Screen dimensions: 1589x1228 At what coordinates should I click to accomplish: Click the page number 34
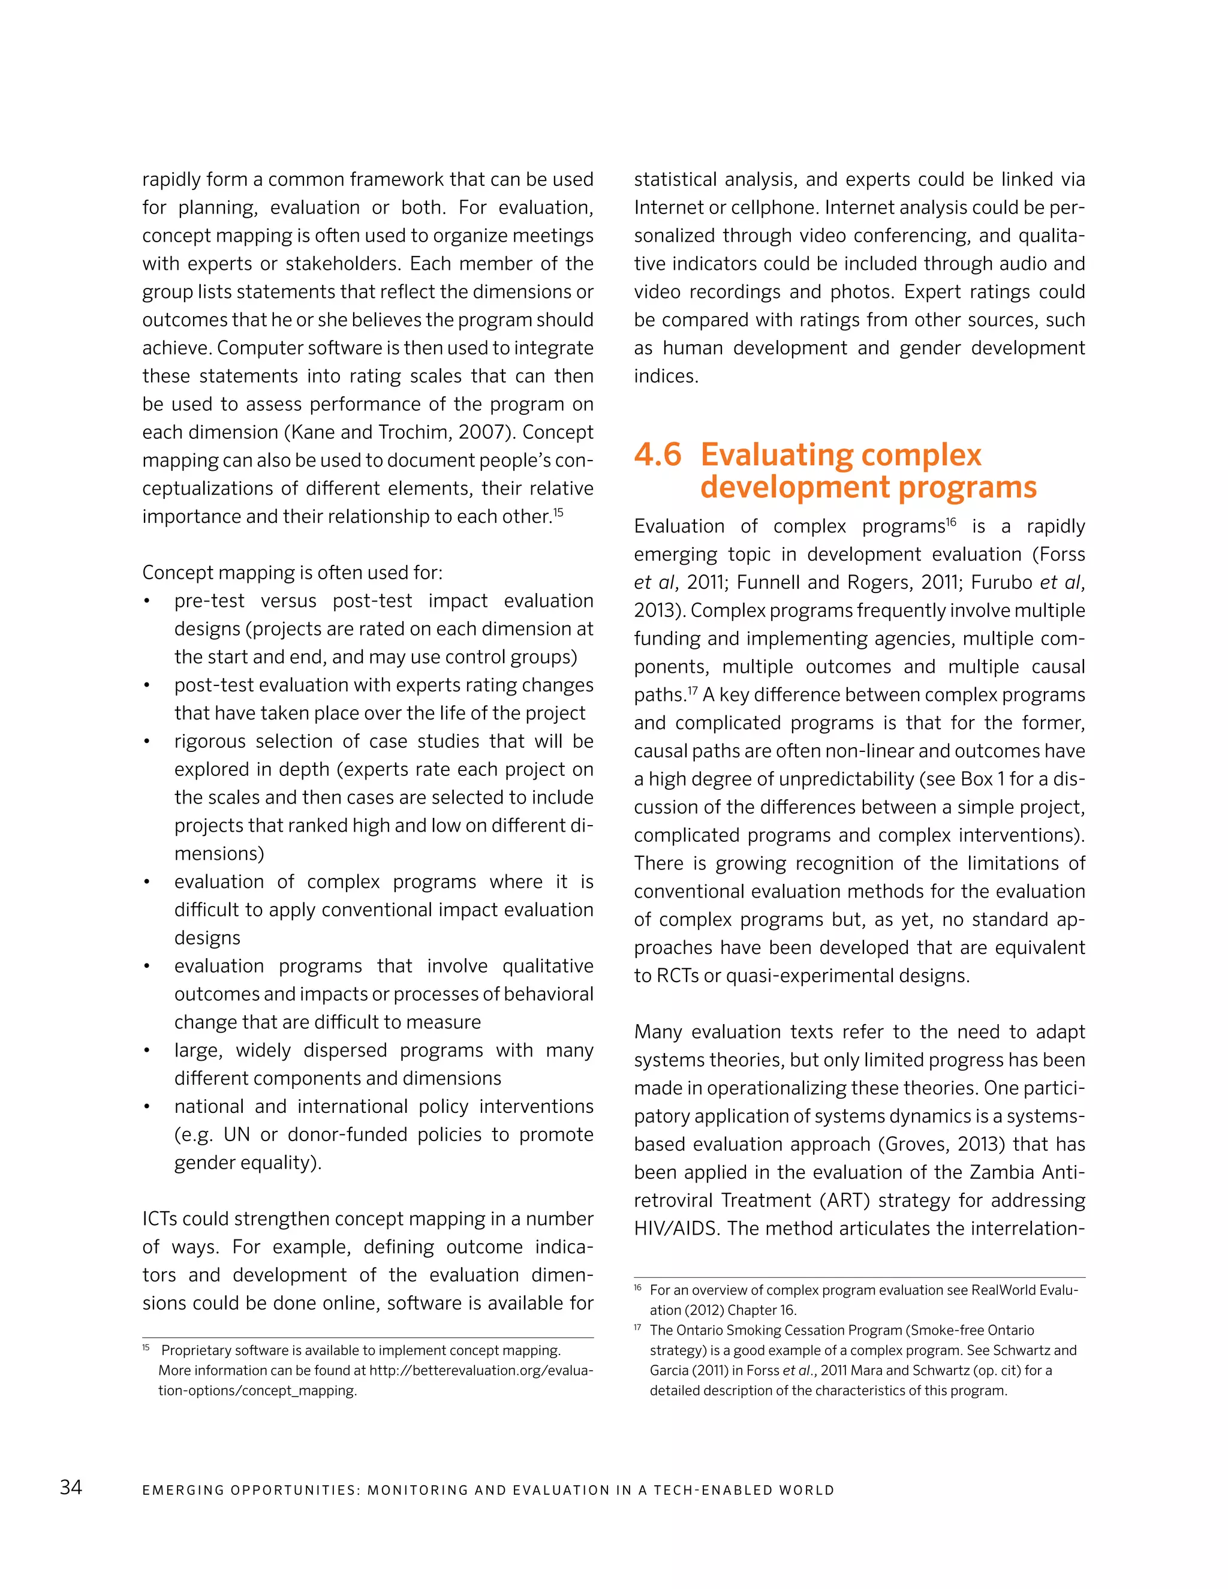click(71, 1487)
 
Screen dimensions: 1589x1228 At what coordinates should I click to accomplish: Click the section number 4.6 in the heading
click(658, 456)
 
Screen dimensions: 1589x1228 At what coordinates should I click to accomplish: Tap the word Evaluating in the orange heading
click(775, 456)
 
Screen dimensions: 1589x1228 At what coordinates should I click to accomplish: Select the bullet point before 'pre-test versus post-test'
click(147, 601)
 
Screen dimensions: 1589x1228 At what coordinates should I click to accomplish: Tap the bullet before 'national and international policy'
click(147, 1108)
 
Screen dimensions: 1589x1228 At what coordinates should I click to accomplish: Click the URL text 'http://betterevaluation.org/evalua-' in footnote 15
click(481, 1371)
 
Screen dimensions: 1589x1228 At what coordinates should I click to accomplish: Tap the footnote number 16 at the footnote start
click(637, 1289)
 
